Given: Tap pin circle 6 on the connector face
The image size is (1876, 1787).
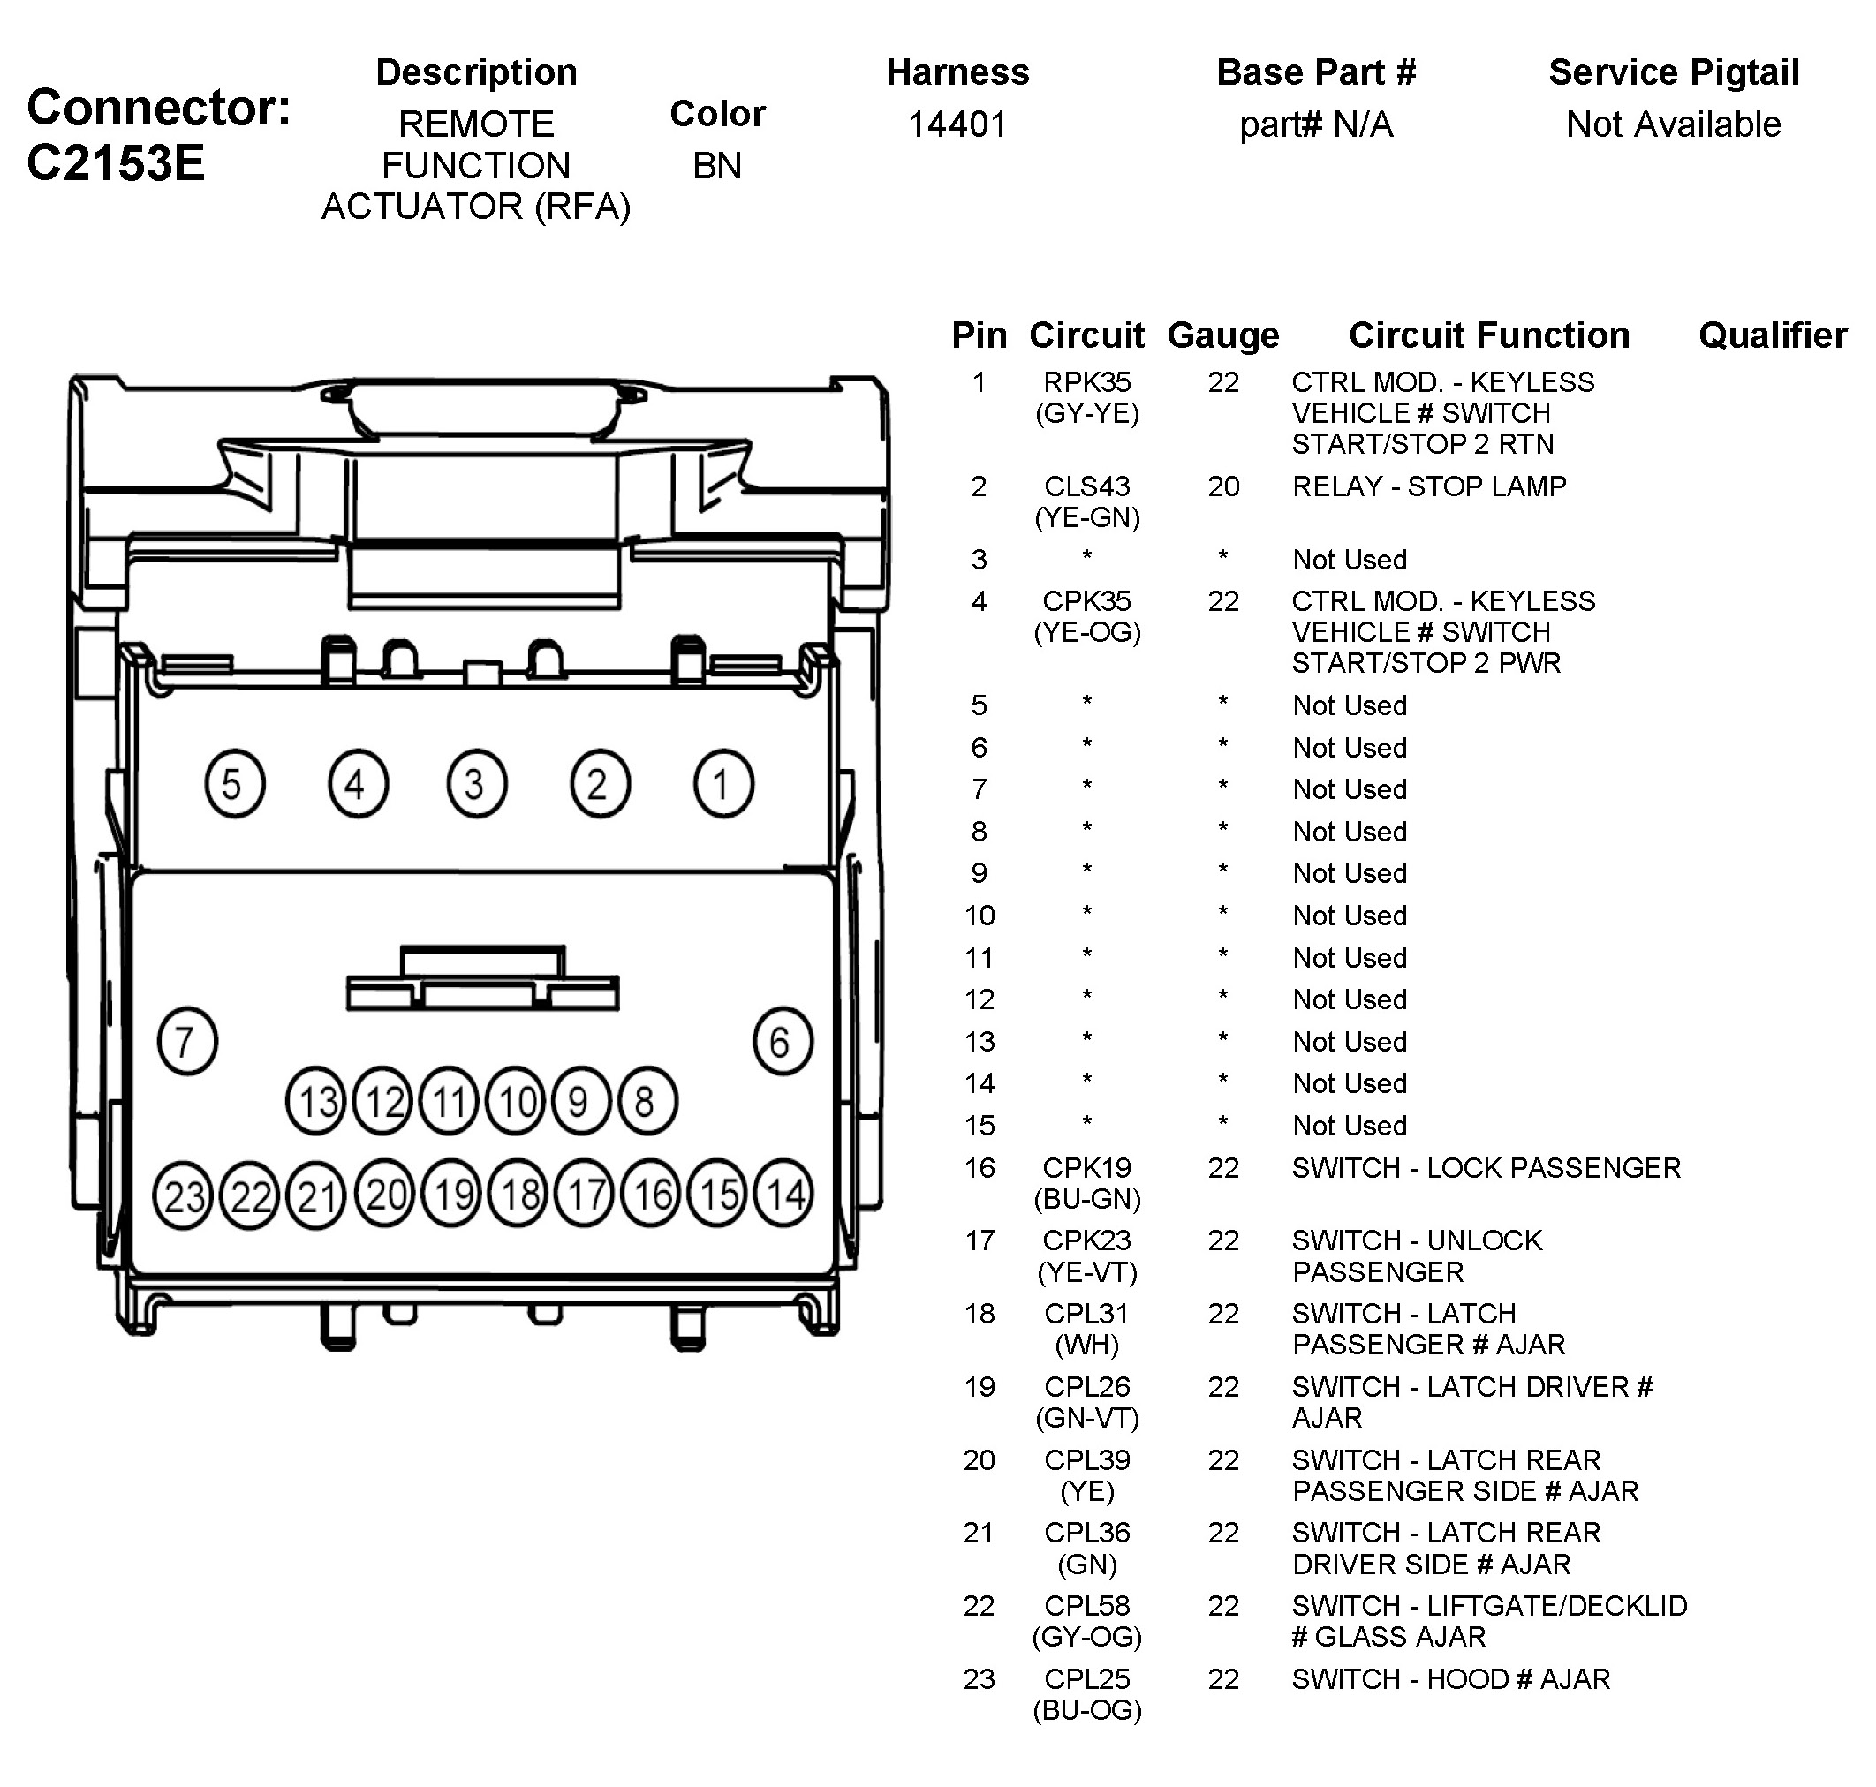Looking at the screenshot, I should pyautogui.click(x=782, y=1041).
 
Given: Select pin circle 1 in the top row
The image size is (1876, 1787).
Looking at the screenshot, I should pyautogui.click(x=723, y=785).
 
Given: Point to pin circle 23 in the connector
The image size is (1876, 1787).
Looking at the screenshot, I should pyautogui.click(x=183, y=1195).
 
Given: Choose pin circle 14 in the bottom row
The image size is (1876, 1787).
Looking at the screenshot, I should pyautogui.click(x=783, y=1194).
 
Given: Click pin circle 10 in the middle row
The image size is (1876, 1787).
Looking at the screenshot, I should pyautogui.click(x=517, y=1102).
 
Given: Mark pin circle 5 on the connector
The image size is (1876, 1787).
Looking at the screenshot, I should pyautogui.click(x=234, y=785).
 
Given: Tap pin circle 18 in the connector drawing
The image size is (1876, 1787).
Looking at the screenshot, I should pyautogui.click(x=518, y=1194).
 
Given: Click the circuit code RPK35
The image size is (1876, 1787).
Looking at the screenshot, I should pyautogui.click(x=1086, y=382).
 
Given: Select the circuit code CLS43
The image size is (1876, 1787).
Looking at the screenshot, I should pyautogui.click(x=1086, y=486).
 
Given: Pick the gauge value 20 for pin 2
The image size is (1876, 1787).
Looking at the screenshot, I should pyautogui.click(x=1223, y=486).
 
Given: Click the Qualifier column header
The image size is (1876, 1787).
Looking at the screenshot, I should pyautogui.click(x=1772, y=336).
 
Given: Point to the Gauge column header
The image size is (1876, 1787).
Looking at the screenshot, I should pyautogui.click(x=1223, y=336).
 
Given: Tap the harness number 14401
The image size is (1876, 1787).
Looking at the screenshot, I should pyautogui.click(x=957, y=124).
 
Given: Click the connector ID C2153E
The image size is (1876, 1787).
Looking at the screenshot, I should pyautogui.click(x=116, y=162).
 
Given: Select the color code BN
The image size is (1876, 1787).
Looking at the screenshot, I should pyautogui.click(x=716, y=166).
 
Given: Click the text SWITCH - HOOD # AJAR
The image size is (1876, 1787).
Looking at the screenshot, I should pyautogui.click(x=1450, y=1678).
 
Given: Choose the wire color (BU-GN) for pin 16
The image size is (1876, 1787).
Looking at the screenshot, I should pyautogui.click(x=1086, y=1198).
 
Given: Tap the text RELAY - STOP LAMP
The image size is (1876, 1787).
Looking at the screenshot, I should pyautogui.click(x=1429, y=486).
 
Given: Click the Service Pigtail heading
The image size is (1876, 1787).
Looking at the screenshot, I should pyautogui.click(x=1673, y=72).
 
